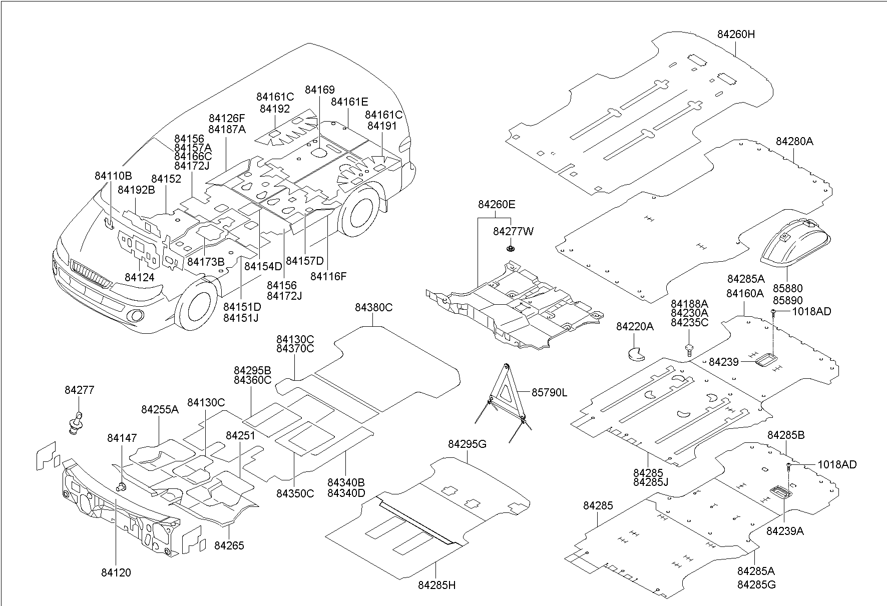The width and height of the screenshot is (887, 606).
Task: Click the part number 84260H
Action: [x=736, y=35]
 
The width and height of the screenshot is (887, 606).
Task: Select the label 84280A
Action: [x=794, y=142]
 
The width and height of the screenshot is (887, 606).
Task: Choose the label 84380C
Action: [x=373, y=308]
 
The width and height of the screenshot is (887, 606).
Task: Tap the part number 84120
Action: [x=116, y=572]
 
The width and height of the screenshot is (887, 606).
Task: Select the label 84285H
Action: [x=437, y=585]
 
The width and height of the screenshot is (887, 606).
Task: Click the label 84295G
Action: [x=467, y=444]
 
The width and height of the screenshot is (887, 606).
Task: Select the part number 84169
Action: [x=319, y=90]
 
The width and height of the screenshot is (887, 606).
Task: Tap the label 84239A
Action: [x=785, y=531]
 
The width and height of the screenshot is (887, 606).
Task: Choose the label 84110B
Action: [x=113, y=176]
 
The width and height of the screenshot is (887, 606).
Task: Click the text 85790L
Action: [x=549, y=393]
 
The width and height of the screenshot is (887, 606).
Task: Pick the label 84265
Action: [x=229, y=545]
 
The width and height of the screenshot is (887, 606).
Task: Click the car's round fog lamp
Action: [x=135, y=316]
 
